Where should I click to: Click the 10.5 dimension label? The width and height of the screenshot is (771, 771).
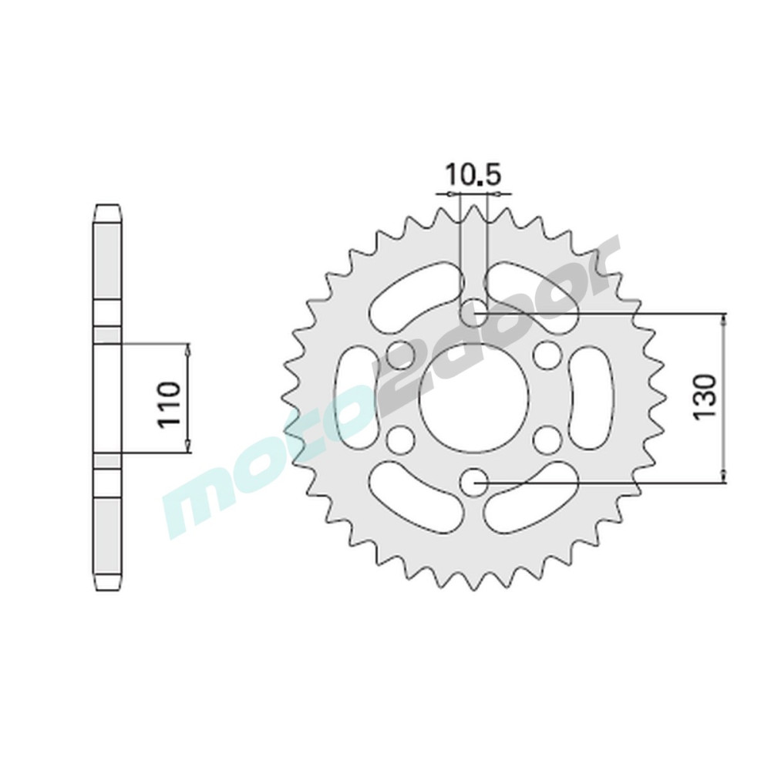(473, 175)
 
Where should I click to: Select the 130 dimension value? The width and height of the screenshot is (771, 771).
(704, 397)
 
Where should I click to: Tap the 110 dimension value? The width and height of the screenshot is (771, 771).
(168, 397)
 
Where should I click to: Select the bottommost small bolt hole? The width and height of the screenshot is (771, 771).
(474, 482)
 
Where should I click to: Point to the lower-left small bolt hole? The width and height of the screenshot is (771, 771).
(399, 439)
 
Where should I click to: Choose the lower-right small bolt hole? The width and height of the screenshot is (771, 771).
(547, 439)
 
